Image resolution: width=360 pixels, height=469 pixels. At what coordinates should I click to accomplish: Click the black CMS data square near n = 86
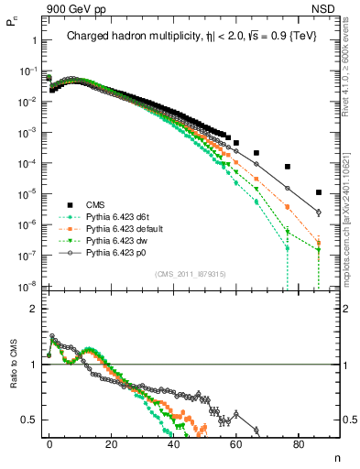[x=318, y=192]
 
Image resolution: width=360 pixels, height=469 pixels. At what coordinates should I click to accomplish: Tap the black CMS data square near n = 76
[x=288, y=167]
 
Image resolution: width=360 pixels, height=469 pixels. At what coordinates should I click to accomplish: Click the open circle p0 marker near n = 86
[x=318, y=213]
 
